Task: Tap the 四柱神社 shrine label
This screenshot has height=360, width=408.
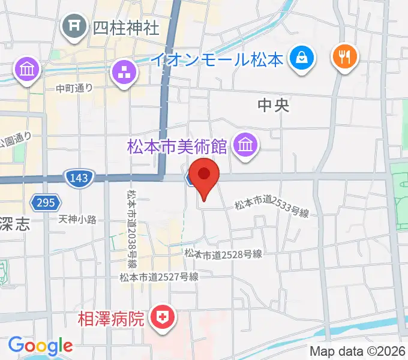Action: (x=127, y=27)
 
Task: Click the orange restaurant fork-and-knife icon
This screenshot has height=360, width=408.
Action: (x=344, y=58)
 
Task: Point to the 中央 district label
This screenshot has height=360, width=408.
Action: (x=274, y=106)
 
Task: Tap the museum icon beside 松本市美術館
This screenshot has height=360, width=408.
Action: (x=245, y=145)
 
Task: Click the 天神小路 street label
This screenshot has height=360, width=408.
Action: (x=77, y=220)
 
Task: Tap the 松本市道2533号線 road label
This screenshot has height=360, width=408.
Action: (x=271, y=208)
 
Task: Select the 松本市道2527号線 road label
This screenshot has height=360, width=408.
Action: (x=158, y=277)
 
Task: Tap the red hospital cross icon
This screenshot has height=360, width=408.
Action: (x=162, y=316)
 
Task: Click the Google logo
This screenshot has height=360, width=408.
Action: (x=40, y=346)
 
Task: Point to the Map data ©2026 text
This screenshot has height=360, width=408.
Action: (x=358, y=352)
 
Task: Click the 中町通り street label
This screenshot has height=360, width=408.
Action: (x=74, y=88)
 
